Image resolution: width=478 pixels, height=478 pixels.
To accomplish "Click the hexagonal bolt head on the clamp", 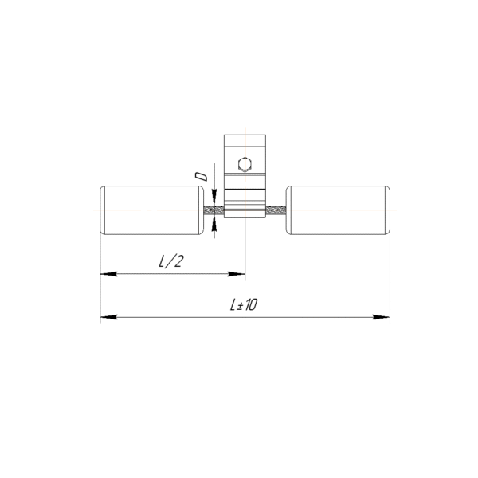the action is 245,165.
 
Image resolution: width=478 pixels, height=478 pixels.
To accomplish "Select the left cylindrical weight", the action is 152,210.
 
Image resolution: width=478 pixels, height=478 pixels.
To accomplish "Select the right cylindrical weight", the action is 338,210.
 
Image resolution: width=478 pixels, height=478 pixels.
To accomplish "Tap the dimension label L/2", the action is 171,261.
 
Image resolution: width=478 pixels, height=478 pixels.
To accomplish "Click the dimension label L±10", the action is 244,304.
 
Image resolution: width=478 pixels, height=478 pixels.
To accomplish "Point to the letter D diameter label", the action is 202,176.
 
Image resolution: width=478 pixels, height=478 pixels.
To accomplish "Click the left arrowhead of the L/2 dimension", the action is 109,274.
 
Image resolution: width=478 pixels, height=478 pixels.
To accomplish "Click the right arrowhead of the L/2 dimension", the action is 237,274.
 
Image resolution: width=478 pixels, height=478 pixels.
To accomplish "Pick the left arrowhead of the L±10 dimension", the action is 109,317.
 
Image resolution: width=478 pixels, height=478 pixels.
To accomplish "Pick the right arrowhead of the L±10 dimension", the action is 382,317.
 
